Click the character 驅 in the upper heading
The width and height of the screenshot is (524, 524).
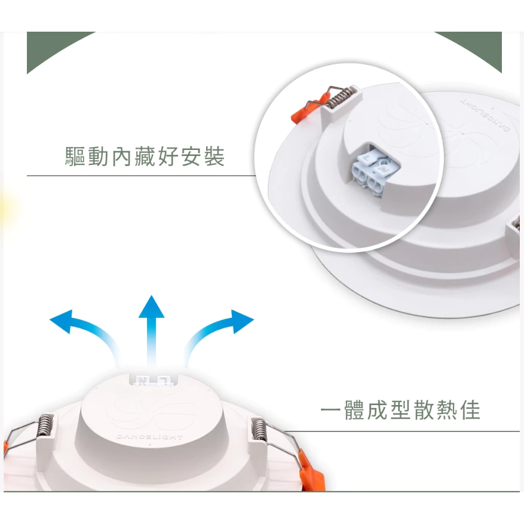pyautogui.click(x=75, y=156)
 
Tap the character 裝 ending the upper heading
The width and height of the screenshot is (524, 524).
pyautogui.click(x=214, y=156)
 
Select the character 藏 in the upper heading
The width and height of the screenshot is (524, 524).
pyautogui.click(x=145, y=156)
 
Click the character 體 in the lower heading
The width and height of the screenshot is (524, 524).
pyautogui.click(x=354, y=409)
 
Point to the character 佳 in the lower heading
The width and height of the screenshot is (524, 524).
pyautogui.click(x=470, y=409)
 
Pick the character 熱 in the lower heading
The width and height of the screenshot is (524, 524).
pyautogui.click(x=446, y=409)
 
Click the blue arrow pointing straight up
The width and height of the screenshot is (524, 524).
pyautogui.click(x=151, y=330)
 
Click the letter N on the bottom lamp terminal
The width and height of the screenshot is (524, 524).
pyautogui.click(x=143, y=381)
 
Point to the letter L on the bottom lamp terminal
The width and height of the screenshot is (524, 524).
pyautogui.click(x=165, y=381)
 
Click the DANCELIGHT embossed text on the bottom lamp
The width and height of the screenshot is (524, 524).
pyautogui.click(x=150, y=437)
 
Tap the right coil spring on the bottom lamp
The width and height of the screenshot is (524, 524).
pyautogui.click(x=259, y=429)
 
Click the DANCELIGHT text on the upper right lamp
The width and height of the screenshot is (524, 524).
pyautogui.click(x=485, y=114)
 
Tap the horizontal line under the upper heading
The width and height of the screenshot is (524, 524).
pyautogui.click(x=141, y=176)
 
